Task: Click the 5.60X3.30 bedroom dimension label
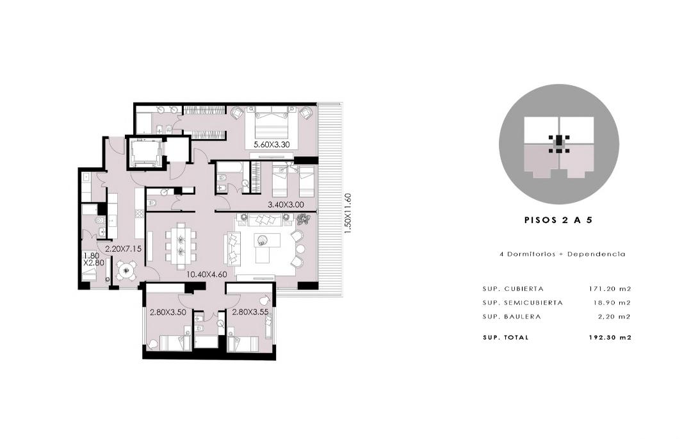pyautogui.click(x=272, y=144)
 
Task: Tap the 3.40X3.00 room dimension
pyautogui.click(x=286, y=204)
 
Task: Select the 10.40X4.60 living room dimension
pyautogui.click(x=207, y=274)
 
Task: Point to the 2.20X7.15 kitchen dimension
pyautogui.click(x=124, y=249)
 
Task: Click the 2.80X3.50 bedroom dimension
pyautogui.click(x=168, y=312)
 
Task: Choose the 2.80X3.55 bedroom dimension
pyautogui.click(x=250, y=312)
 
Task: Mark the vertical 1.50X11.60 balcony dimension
pyautogui.click(x=347, y=213)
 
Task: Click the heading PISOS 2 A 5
pyautogui.click(x=559, y=220)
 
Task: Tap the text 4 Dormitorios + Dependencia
pyautogui.click(x=563, y=254)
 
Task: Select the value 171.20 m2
pyautogui.click(x=610, y=288)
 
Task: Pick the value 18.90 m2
pyautogui.click(x=612, y=302)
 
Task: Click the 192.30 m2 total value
pyautogui.click(x=610, y=337)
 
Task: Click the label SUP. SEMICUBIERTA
pyautogui.click(x=523, y=302)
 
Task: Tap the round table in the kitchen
pyautogui.click(x=126, y=270)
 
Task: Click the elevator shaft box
pyautogui.click(x=143, y=153)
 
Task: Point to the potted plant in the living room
pyautogui.click(x=304, y=220)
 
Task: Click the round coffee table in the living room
pyautogui.click(x=263, y=239)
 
